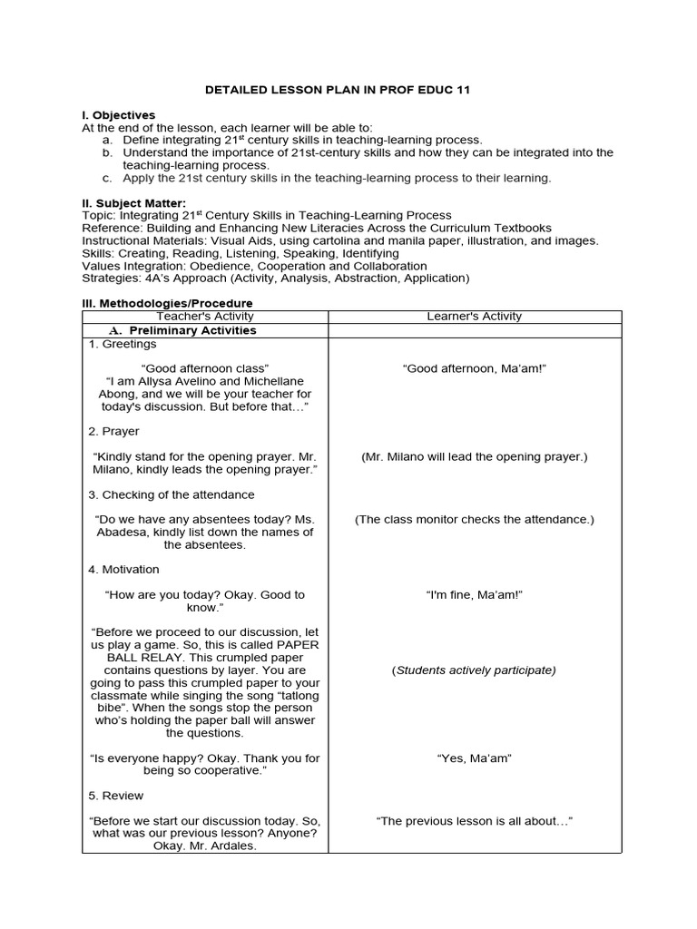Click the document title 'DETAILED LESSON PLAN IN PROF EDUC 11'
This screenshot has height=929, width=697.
[348, 90]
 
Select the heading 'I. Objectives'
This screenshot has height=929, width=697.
[119, 115]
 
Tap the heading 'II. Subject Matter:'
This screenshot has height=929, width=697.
[134, 202]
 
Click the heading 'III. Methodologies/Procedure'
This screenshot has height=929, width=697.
[168, 303]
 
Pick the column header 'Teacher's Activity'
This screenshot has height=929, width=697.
[205, 317]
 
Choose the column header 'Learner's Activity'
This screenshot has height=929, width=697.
[474, 317]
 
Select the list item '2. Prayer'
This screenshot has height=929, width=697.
[114, 432]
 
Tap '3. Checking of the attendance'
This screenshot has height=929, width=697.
[172, 495]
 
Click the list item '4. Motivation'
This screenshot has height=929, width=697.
[124, 570]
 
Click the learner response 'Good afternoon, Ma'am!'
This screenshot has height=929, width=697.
[474, 369]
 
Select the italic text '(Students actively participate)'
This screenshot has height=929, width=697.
[474, 670]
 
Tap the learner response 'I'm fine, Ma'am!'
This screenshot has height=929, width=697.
[474, 595]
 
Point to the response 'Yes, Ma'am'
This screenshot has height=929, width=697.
[474, 758]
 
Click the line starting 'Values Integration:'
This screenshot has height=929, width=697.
[254, 266]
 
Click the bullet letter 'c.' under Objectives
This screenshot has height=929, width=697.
[107, 179]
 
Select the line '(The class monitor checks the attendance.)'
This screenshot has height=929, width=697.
[474, 520]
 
